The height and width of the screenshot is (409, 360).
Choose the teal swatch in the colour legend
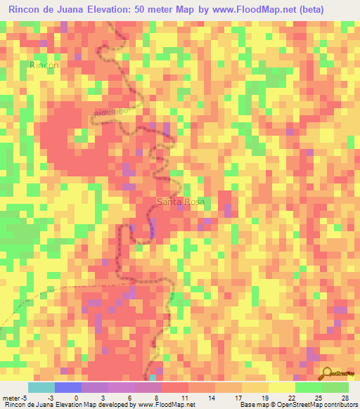pos(41,387)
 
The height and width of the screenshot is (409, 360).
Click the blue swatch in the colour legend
pos(68,387)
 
